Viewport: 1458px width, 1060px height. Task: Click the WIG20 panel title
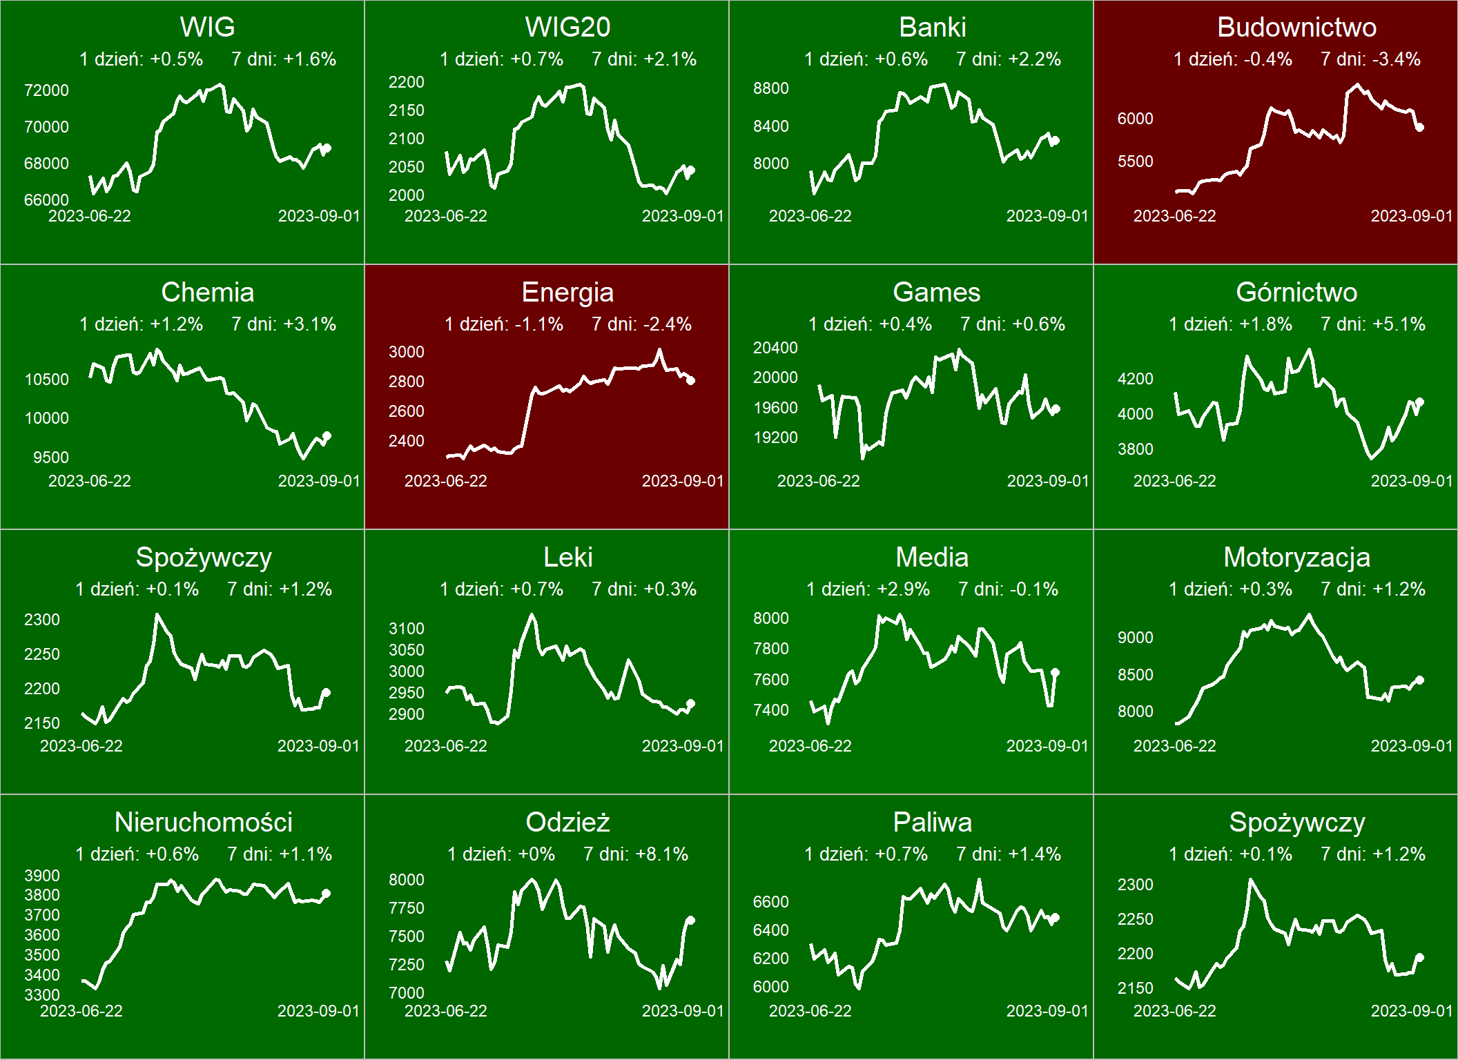pyautogui.click(x=567, y=28)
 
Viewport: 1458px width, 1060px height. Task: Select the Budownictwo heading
pyautogui.click(x=1296, y=28)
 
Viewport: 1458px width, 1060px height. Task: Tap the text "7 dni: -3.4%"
pyautogui.click(x=1370, y=59)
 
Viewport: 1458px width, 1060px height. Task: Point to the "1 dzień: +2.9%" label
pyautogui.click(x=868, y=589)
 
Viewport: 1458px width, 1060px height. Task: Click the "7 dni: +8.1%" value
pyautogui.click(x=636, y=854)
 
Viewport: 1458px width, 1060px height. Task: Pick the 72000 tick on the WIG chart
pyautogui.click(x=46, y=90)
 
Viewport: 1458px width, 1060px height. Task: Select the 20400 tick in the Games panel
pyautogui.click(x=775, y=348)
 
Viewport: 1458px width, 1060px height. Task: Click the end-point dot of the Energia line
pyautogui.click(x=691, y=380)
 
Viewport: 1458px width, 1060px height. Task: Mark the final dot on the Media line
pyautogui.click(x=1056, y=672)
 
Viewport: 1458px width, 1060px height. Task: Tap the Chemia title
pyautogui.click(x=208, y=293)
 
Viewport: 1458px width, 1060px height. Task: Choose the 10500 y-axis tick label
pyautogui.click(x=46, y=380)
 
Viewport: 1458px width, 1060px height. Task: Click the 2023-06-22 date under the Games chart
pyautogui.click(x=818, y=481)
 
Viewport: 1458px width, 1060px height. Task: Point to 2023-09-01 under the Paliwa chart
pyautogui.click(x=1047, y=1011)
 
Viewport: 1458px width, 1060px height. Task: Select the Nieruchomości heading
pyautogui.click(x=204, y=823)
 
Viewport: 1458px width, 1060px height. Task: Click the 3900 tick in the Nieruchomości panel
pyautogui.click(x=42, y=876)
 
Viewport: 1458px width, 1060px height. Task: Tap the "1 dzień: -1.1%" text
pyautogui.click(x=504, y=324)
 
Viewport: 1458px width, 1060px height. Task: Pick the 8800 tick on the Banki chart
pyautogui.click(x=771, y=88)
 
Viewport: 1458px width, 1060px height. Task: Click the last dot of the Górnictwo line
pyautogui.click(x=1420, y=402)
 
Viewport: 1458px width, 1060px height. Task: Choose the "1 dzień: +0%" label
pyautogui.click(x=501, y=854)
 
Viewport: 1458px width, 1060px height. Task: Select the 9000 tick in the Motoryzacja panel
pyautogui.click(x=1136, y=638)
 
